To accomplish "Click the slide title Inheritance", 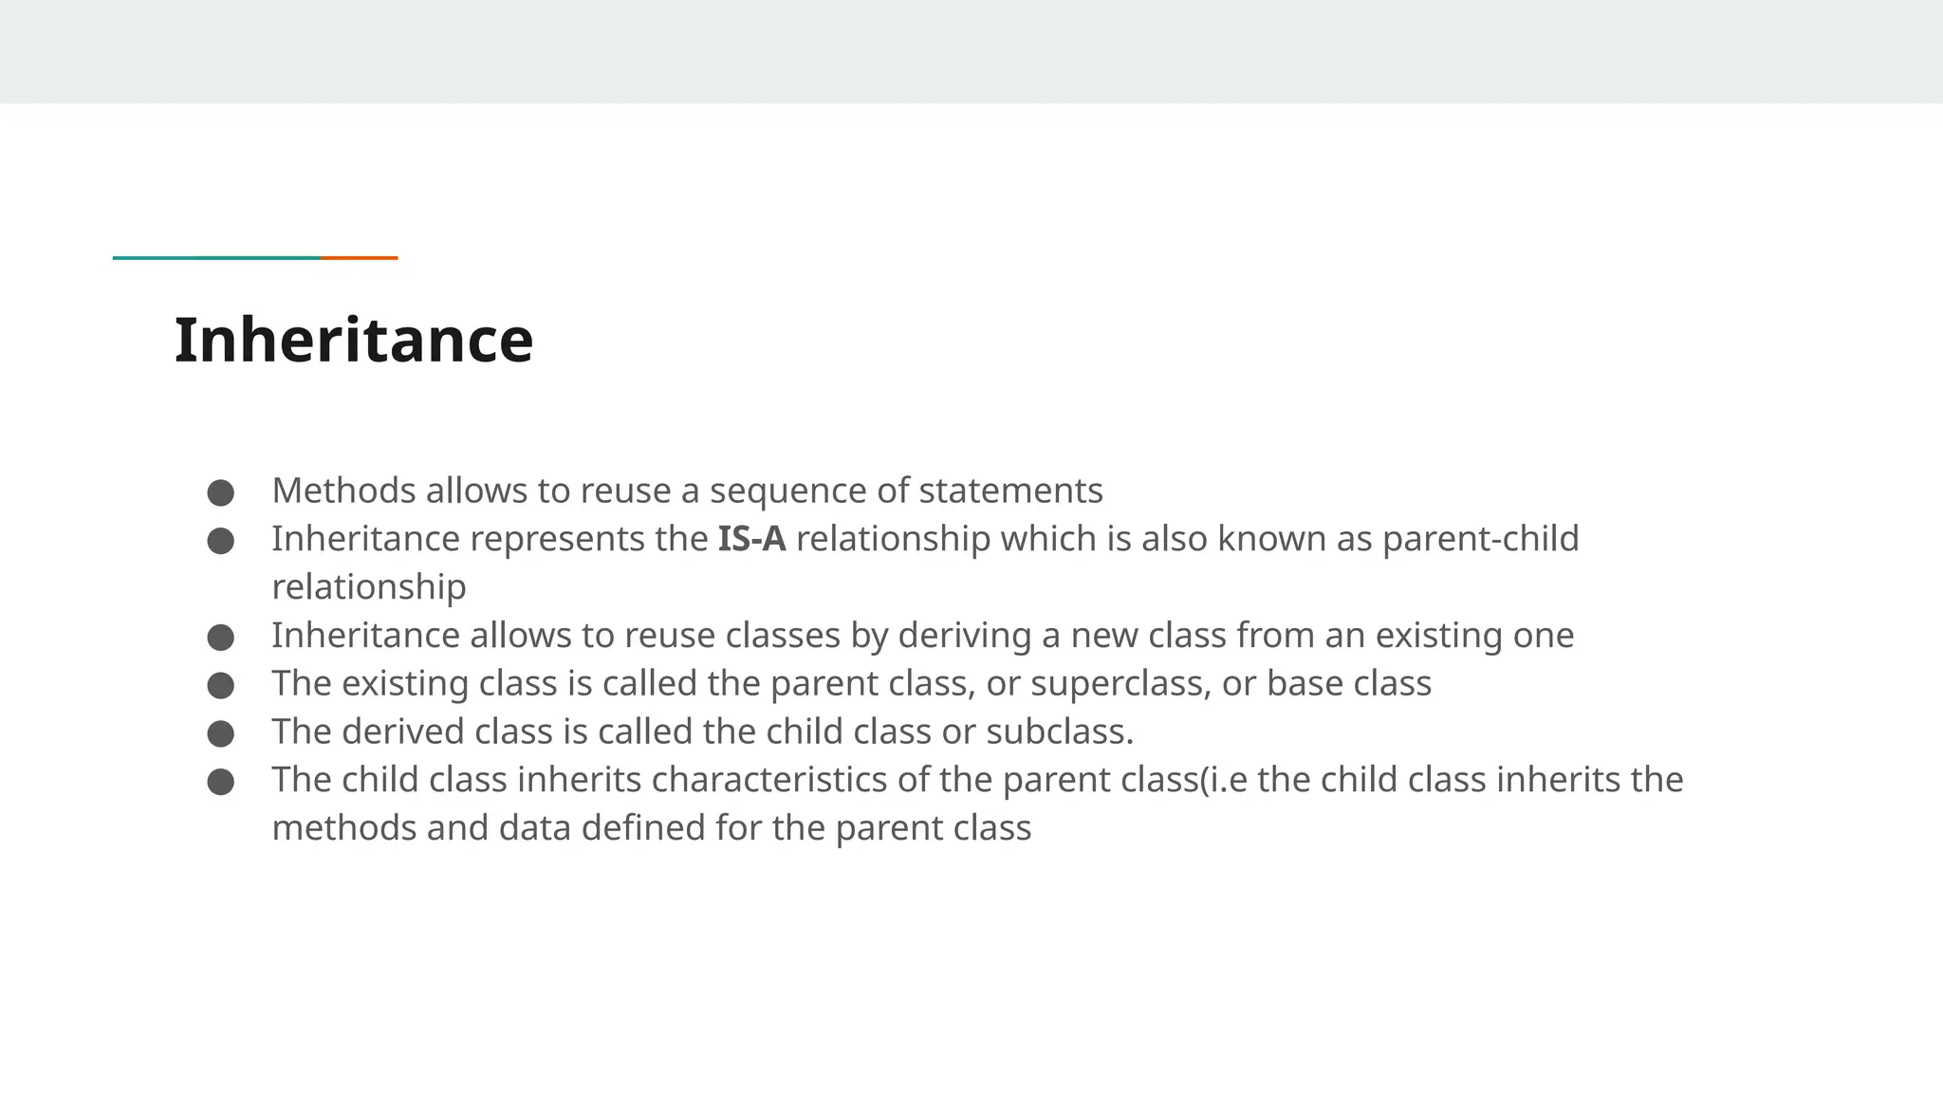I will pos(354,341).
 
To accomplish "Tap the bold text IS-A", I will pos(751,539).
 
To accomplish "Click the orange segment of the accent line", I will pos(359,257).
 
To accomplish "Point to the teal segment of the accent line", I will pos(216,257).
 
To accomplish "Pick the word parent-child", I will pos(1480,539).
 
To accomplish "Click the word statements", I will pos(1010,491).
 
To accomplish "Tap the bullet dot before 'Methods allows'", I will pos(220,492).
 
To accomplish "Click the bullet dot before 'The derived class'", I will pos(220,733).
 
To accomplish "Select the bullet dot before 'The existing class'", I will pos(220,685).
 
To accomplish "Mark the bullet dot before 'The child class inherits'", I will pos(220,782).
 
